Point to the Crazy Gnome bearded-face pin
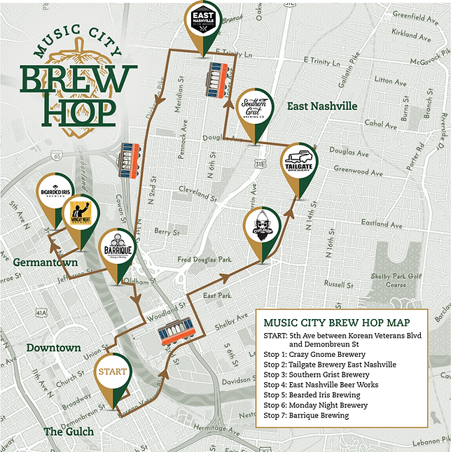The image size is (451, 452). [x=263, y=227]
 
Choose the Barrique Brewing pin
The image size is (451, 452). [x=117, y=248]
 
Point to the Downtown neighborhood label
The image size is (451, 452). [x=53, y=348]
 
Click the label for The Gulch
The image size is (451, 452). [x=69, y=431]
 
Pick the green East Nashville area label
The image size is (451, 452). [x=322, y=106]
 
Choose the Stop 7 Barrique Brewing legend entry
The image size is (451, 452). [x=306, y=415]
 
